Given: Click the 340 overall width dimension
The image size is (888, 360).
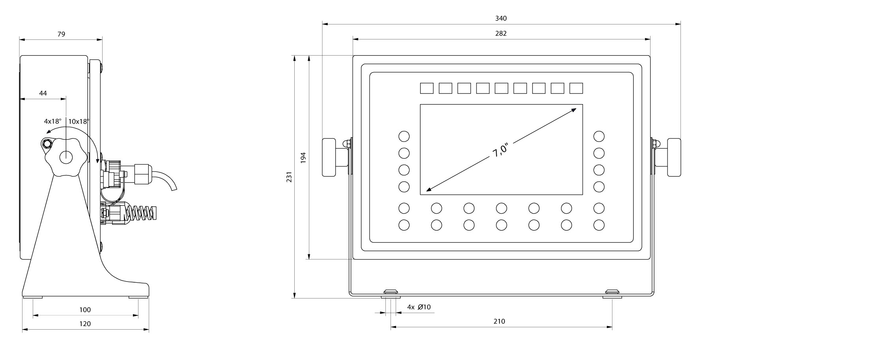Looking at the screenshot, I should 501,18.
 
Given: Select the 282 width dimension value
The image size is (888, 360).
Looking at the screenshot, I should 501,34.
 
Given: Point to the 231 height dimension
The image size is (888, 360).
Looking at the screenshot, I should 289,177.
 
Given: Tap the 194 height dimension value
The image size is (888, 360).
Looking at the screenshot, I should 303,158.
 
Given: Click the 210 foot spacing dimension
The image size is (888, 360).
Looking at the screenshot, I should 499,321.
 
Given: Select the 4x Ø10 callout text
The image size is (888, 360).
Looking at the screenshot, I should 419,307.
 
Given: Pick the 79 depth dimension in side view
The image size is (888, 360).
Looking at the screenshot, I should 61,34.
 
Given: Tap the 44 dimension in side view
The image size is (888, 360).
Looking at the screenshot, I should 43,93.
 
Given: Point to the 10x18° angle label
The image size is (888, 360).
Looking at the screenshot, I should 79,121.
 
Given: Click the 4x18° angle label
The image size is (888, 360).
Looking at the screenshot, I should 52,121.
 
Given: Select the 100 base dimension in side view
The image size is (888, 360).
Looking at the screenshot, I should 85,310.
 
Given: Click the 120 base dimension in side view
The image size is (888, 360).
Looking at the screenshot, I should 85,324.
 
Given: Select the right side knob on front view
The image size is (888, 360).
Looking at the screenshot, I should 674,157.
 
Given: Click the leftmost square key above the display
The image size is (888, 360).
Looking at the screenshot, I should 426,88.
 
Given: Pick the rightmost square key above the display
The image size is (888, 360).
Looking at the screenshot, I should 576,88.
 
